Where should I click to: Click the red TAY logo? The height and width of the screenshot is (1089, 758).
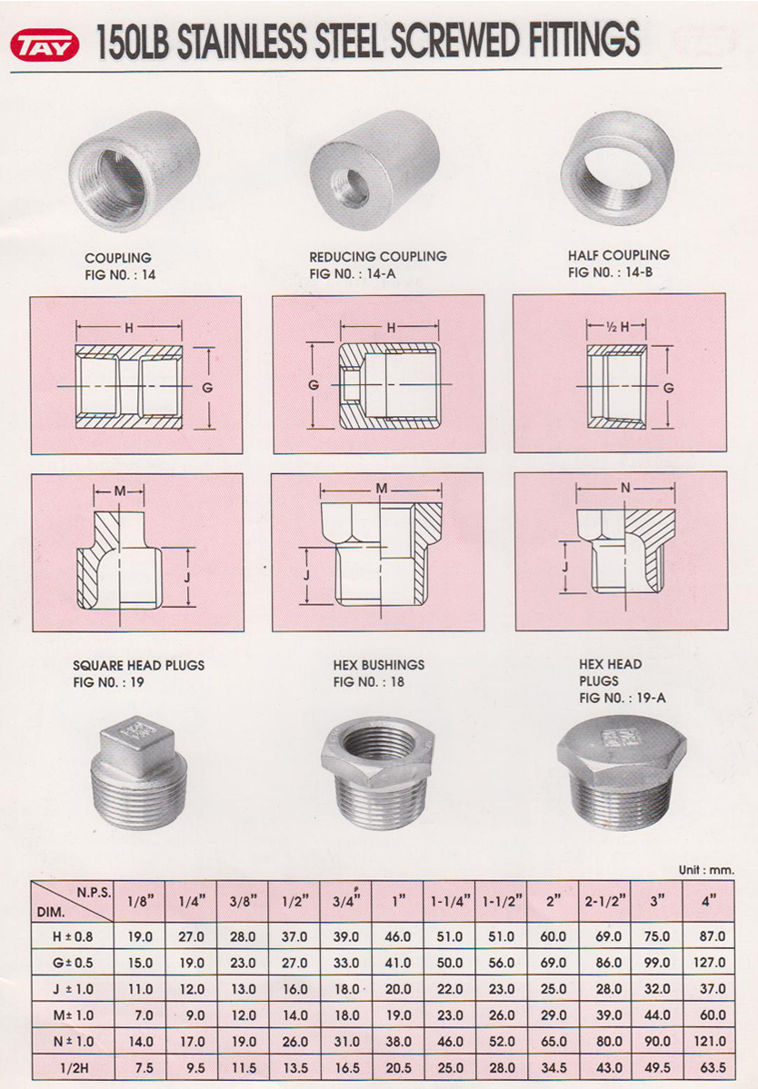point(45,45)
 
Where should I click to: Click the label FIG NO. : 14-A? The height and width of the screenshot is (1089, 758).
point(353,273)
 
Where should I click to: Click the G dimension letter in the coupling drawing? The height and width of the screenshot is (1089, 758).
point(207,388)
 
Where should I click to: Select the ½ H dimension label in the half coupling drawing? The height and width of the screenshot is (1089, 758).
point(617,327)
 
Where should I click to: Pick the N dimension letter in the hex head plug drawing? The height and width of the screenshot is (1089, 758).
point(625,489)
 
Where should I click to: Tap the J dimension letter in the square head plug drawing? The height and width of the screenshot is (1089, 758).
point(187,577)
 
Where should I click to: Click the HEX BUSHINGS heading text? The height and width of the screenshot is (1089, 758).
point(379,665)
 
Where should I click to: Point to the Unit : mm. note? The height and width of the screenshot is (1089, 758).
point(706,870)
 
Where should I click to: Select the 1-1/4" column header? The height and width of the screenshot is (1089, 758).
point(450,902)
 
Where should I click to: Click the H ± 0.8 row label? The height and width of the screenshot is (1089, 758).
point(73,937)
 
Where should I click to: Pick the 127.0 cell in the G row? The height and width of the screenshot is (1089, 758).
point(709,963)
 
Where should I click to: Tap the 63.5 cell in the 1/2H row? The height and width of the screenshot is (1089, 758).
point(713,1067)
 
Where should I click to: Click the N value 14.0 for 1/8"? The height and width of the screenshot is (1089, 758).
point(140,1041)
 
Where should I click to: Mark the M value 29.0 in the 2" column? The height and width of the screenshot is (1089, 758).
point(554,1015)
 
